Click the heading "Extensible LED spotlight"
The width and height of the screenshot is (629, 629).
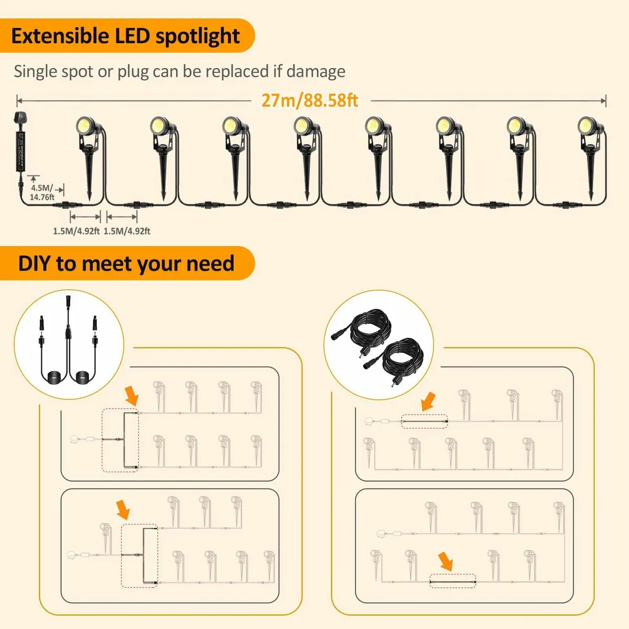pyautogui.click(x=125, y=36)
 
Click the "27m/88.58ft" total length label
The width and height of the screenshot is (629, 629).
pyautogui.click(x=310, y=100)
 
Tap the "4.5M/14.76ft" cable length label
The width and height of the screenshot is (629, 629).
pyautogui.click(x=42, y=192)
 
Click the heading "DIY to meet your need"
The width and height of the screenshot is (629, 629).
pyautogui.click(x=126, y=263)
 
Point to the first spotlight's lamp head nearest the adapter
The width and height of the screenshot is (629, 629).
pyautogui.click(x=86, y=126)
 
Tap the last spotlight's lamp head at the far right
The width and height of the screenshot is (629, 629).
pyautogui.click(x=587, y=126)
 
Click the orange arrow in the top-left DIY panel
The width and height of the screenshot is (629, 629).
pyautogui.click(x=131, y=395)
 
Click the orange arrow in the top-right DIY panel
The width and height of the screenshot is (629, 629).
pyautogui.click(x=428, y=402)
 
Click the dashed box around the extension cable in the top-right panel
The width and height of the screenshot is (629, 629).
pyautogui.click(x=425, y=421)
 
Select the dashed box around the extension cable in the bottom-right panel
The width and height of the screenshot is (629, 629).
pyautogui.click(x=452, y=581)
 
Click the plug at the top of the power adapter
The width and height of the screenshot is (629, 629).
pyautogui.click(x=16, y=119)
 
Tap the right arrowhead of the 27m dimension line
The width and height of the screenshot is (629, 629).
pyautogui.click(x=604, y=100)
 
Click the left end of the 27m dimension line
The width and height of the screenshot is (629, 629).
pyautogui.click(x=18, y=100)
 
